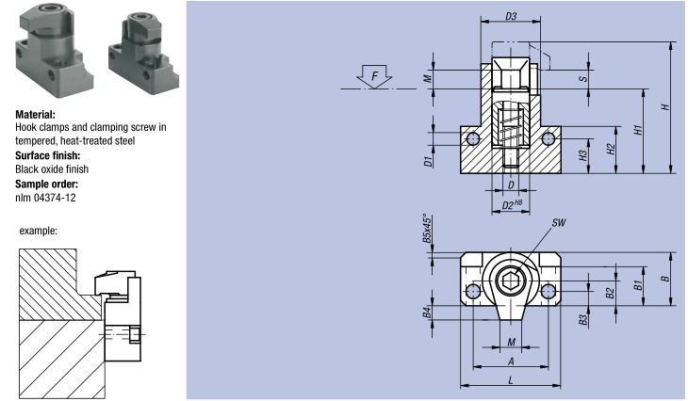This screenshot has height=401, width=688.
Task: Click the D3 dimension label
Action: pos(511,16)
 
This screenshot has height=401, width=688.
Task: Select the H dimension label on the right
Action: pos(665,107)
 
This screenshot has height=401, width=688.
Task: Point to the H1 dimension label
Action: pos(638,129)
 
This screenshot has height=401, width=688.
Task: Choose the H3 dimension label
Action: pos(582,154)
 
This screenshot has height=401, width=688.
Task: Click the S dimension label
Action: pos(583,78)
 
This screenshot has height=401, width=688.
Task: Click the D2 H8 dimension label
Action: pos(512,204)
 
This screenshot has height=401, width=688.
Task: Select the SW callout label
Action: pos(558,223)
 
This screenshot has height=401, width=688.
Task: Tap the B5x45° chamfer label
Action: pos(427,229)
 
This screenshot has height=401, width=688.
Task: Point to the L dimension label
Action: pos(510,379)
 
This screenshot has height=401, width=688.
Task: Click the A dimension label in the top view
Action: pos(510,361)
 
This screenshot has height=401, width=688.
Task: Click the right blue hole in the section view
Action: pos(549,139)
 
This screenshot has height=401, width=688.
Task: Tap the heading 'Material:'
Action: pos(35,115)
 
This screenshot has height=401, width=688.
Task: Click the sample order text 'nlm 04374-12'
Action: pos(46,198)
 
